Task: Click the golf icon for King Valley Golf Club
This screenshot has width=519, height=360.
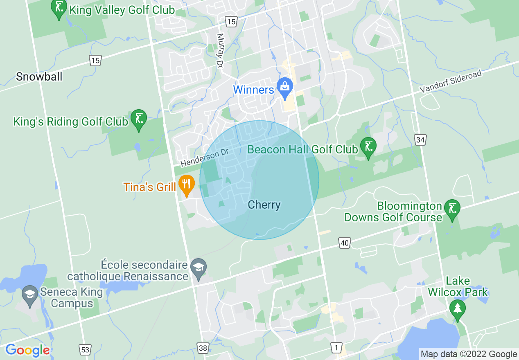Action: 59,8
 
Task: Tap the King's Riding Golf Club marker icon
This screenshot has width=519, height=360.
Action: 138,119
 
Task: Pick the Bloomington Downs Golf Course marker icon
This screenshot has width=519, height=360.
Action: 452,209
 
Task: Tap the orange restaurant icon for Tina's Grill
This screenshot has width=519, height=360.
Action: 186,185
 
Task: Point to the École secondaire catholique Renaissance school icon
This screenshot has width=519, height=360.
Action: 199,268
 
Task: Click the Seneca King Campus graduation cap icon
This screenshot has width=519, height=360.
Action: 29,295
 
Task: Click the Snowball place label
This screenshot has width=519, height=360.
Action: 39,76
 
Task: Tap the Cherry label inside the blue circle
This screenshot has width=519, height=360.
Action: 264,205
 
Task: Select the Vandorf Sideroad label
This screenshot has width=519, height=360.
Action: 451,82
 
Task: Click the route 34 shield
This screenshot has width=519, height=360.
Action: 420,140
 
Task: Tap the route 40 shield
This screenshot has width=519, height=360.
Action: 345,243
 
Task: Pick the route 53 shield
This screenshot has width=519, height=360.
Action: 85,349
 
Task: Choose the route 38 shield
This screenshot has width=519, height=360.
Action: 203,348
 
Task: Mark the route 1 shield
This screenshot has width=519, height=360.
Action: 336,348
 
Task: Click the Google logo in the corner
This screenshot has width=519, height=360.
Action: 28,351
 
